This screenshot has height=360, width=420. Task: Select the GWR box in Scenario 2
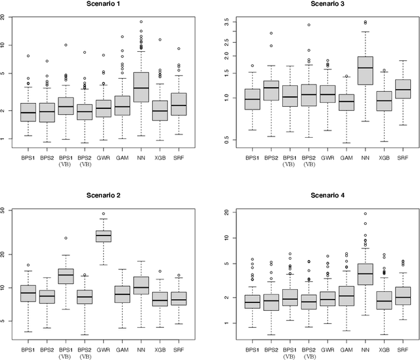[x=103, y=236]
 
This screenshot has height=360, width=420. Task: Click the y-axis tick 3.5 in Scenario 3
[x=226, y=22]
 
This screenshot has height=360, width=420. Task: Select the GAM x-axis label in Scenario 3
[x=346, y=158]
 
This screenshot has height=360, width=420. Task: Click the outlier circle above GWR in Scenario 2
[x=103, y=214]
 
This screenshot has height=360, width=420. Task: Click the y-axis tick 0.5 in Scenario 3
[x=226, y=140]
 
